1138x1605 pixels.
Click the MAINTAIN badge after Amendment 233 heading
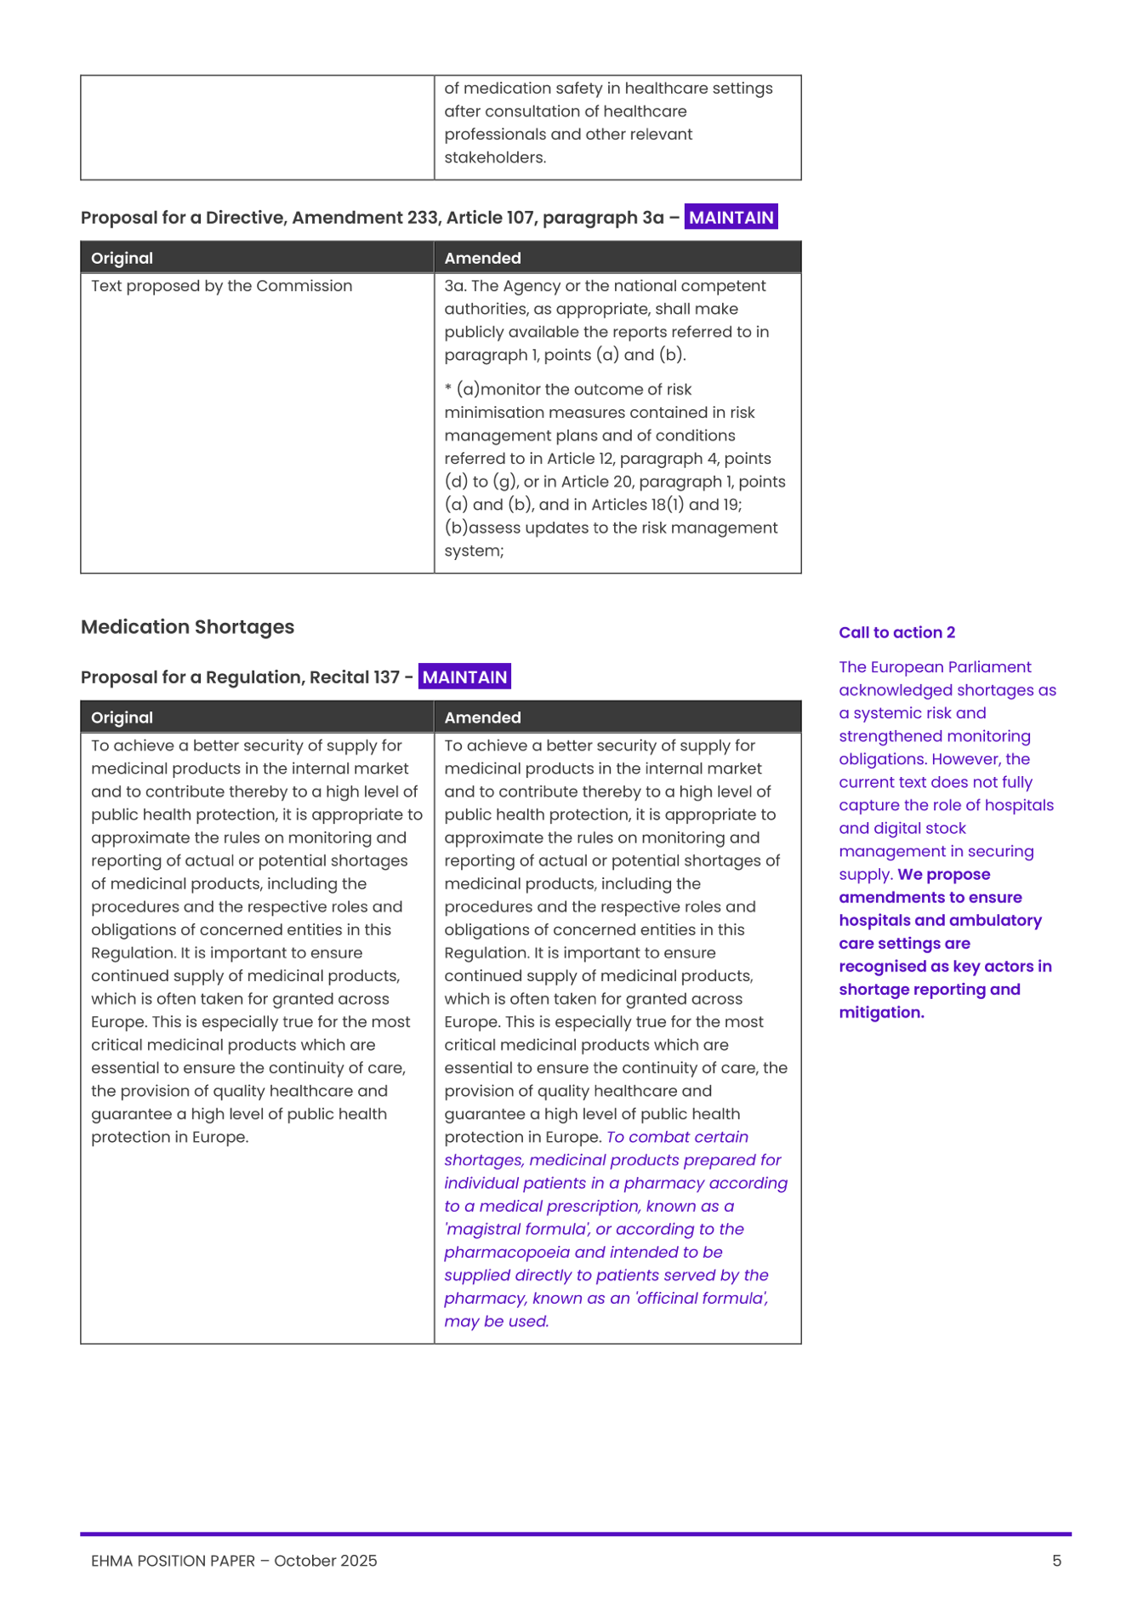point(731,218)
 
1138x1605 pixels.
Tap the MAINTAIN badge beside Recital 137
point(464,677)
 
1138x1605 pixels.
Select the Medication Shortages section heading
point(187,627)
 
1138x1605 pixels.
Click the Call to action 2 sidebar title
point(896,632)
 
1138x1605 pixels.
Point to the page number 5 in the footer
point(1056,1561)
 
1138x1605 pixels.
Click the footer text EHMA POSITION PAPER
point(173,1561)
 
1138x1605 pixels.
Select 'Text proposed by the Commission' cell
point(221,286)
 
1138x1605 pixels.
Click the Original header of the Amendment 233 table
point(122,258)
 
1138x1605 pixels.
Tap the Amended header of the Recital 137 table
point(482,717)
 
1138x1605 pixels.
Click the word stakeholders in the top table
point(493,157)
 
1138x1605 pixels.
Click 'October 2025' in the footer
point(325,1561)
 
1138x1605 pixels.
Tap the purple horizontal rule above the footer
point(575,1534)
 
